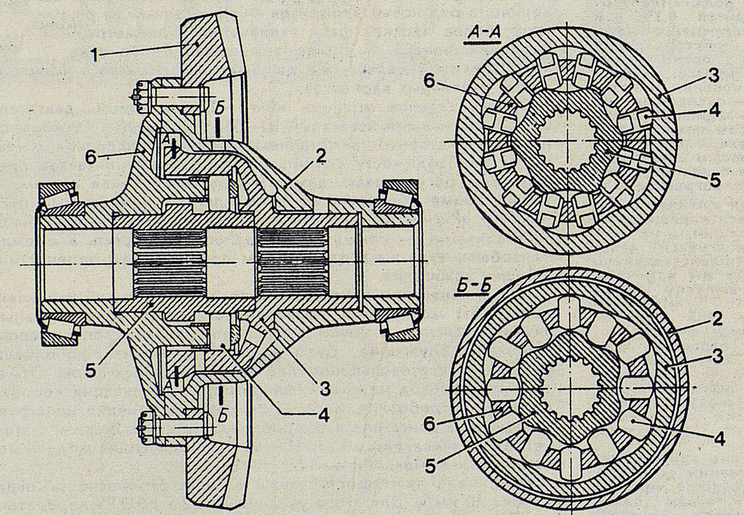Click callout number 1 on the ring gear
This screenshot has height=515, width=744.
tap(95, 55)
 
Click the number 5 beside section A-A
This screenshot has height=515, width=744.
tap(714, 180)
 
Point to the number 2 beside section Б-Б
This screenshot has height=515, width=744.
tap(718, 319)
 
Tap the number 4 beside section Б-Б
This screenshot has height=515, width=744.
tap(719, 440)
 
